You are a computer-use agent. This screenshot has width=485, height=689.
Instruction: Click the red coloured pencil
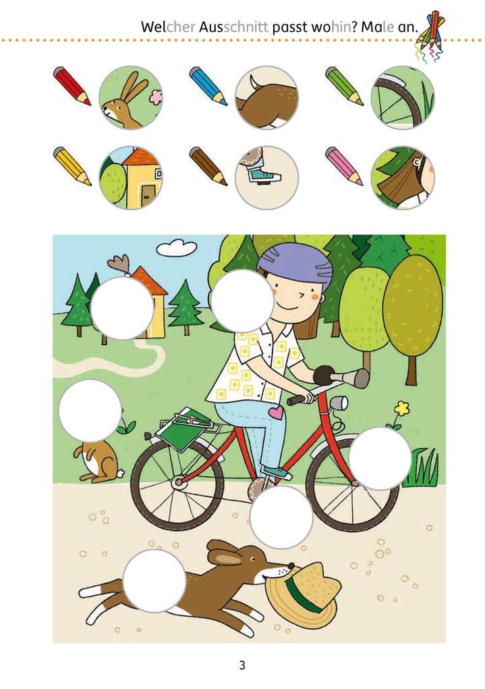pos(72,86)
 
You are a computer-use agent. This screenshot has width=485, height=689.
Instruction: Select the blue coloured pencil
pos(208,86)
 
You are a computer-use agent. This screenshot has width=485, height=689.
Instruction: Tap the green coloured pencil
pos(345,86)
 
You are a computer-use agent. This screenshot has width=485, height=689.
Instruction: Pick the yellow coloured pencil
pos(72,166)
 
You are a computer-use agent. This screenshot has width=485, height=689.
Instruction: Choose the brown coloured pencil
pos(208,166)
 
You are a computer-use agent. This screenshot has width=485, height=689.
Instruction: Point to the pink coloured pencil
pos(345,166)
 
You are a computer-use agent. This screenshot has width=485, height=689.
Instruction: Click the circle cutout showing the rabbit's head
pos(130,97)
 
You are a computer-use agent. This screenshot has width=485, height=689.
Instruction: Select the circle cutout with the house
pos(130,178)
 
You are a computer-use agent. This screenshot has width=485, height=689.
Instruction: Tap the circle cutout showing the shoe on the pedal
pos(266,178)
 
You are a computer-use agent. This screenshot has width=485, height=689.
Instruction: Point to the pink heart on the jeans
pos(276,412)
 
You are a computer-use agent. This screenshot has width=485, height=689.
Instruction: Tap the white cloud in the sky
pos(177,247)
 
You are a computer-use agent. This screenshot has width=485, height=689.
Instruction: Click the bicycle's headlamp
pos(339,403)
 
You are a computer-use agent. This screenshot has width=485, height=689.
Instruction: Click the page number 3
pos(242,665)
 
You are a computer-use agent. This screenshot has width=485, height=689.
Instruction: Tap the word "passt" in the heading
pos(290,27)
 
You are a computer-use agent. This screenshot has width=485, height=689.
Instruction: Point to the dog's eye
pos(253,559)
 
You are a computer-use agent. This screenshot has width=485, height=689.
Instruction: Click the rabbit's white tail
pos(120,474)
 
